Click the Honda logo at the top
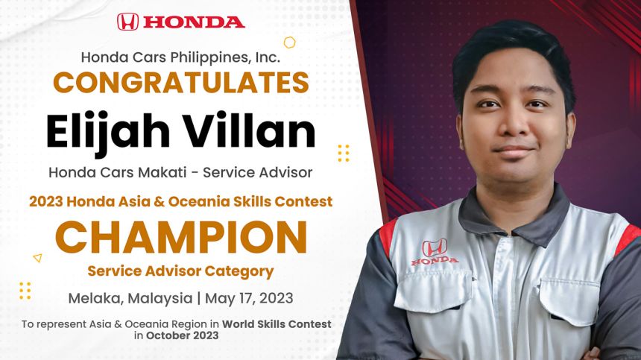(x=180, y=22)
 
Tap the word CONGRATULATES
(x=180, y=82)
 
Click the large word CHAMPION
(x=180, y=237)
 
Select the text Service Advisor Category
(x=180, y=271)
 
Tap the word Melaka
(x=95, y=298)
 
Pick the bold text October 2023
(x=183, y=335)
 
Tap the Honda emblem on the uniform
(x=435, y=250)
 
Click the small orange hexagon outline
(x=289, y=42)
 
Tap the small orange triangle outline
(x=37, y=258)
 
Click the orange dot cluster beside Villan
(x=343, y=153)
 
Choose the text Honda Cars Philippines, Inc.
(x=180, y=57)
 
